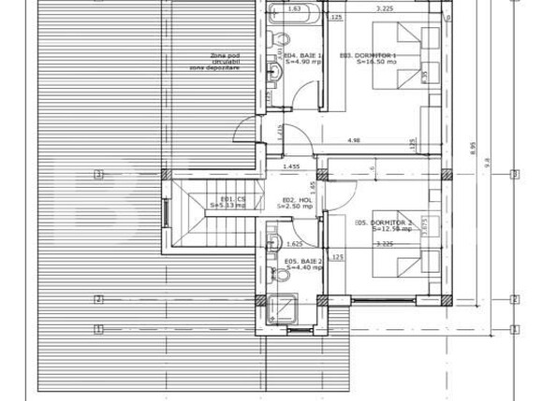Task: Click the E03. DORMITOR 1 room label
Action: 369,57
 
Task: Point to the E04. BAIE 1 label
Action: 301,57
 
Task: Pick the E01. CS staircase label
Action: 227,201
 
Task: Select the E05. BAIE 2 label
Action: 302,265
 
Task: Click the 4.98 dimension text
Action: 353,141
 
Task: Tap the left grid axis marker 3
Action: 96,174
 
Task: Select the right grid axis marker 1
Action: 513,329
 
